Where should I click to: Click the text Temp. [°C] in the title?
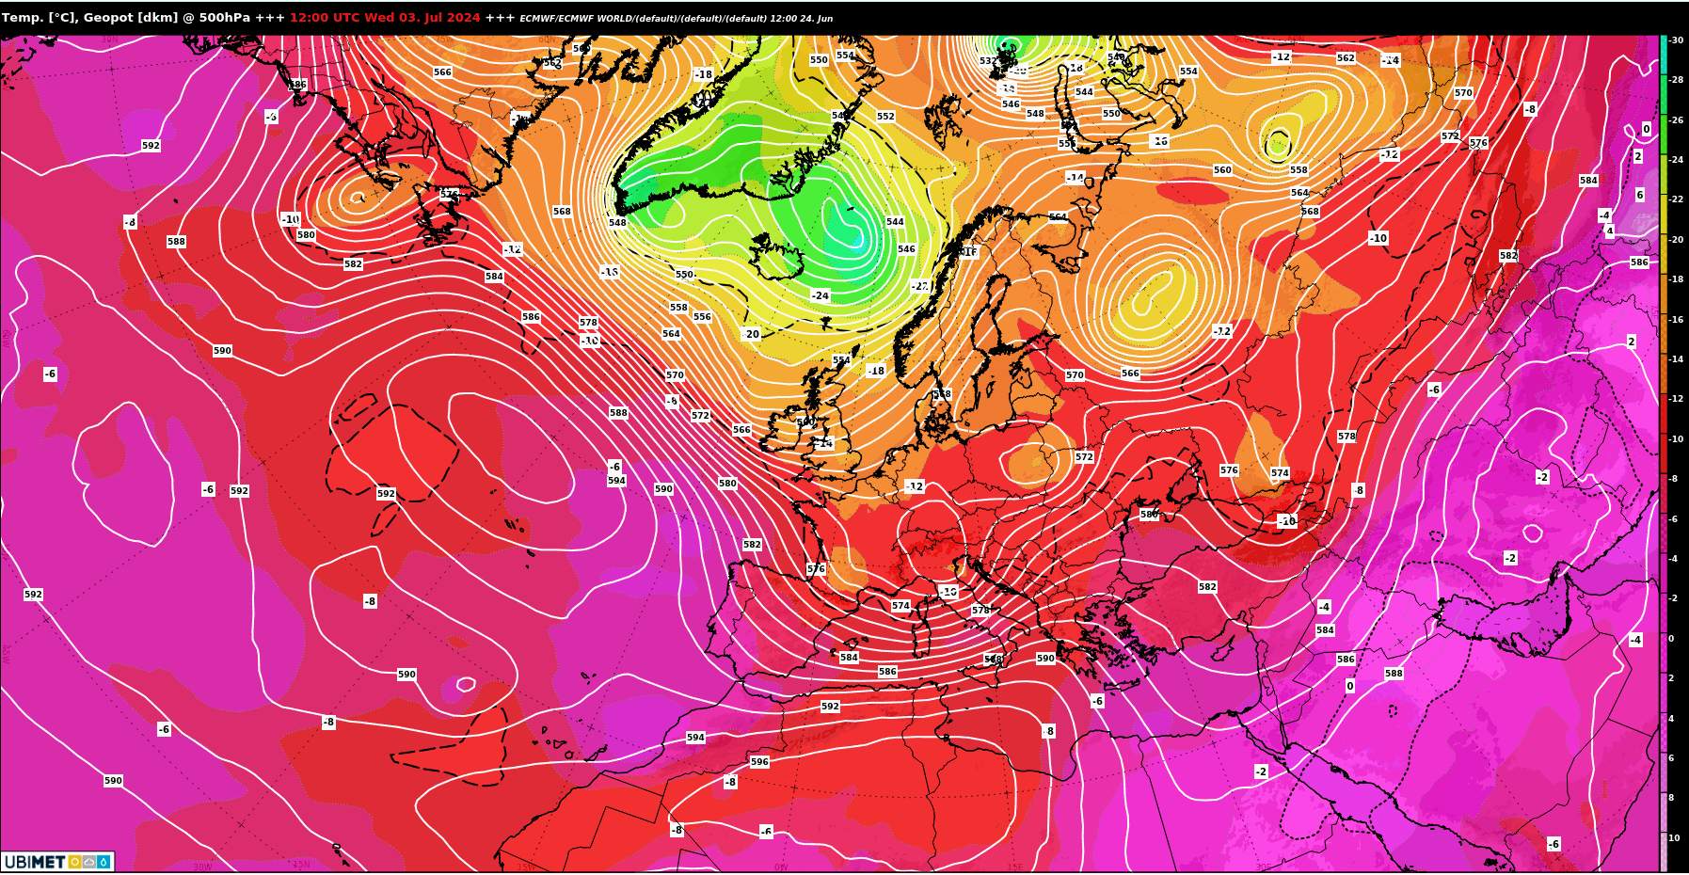tap(39, 17)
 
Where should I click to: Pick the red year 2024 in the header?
tap(465, 17)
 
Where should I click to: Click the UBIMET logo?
tap(56, 862)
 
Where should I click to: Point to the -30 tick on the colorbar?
tap(1676, 40)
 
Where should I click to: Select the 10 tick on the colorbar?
tap(1674, 838)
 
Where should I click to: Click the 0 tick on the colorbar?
tap(1671, 639)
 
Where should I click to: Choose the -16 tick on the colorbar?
tap(1676, 320)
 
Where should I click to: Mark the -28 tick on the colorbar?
tap(1676, 80)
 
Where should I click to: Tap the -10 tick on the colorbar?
tap(1676, 439)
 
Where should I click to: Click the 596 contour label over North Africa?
tap(759, 762)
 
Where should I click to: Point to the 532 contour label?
tap(987, 61)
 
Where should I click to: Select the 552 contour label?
tap(885, 117)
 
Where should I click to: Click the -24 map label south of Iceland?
tap(821, 295)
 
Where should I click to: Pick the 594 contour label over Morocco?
tap(695, 738)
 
